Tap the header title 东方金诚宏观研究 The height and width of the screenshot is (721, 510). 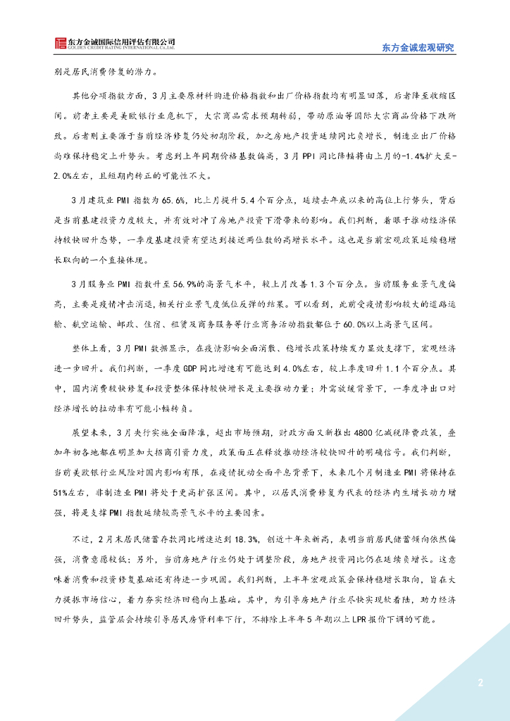418,48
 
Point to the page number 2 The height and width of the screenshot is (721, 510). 480,683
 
